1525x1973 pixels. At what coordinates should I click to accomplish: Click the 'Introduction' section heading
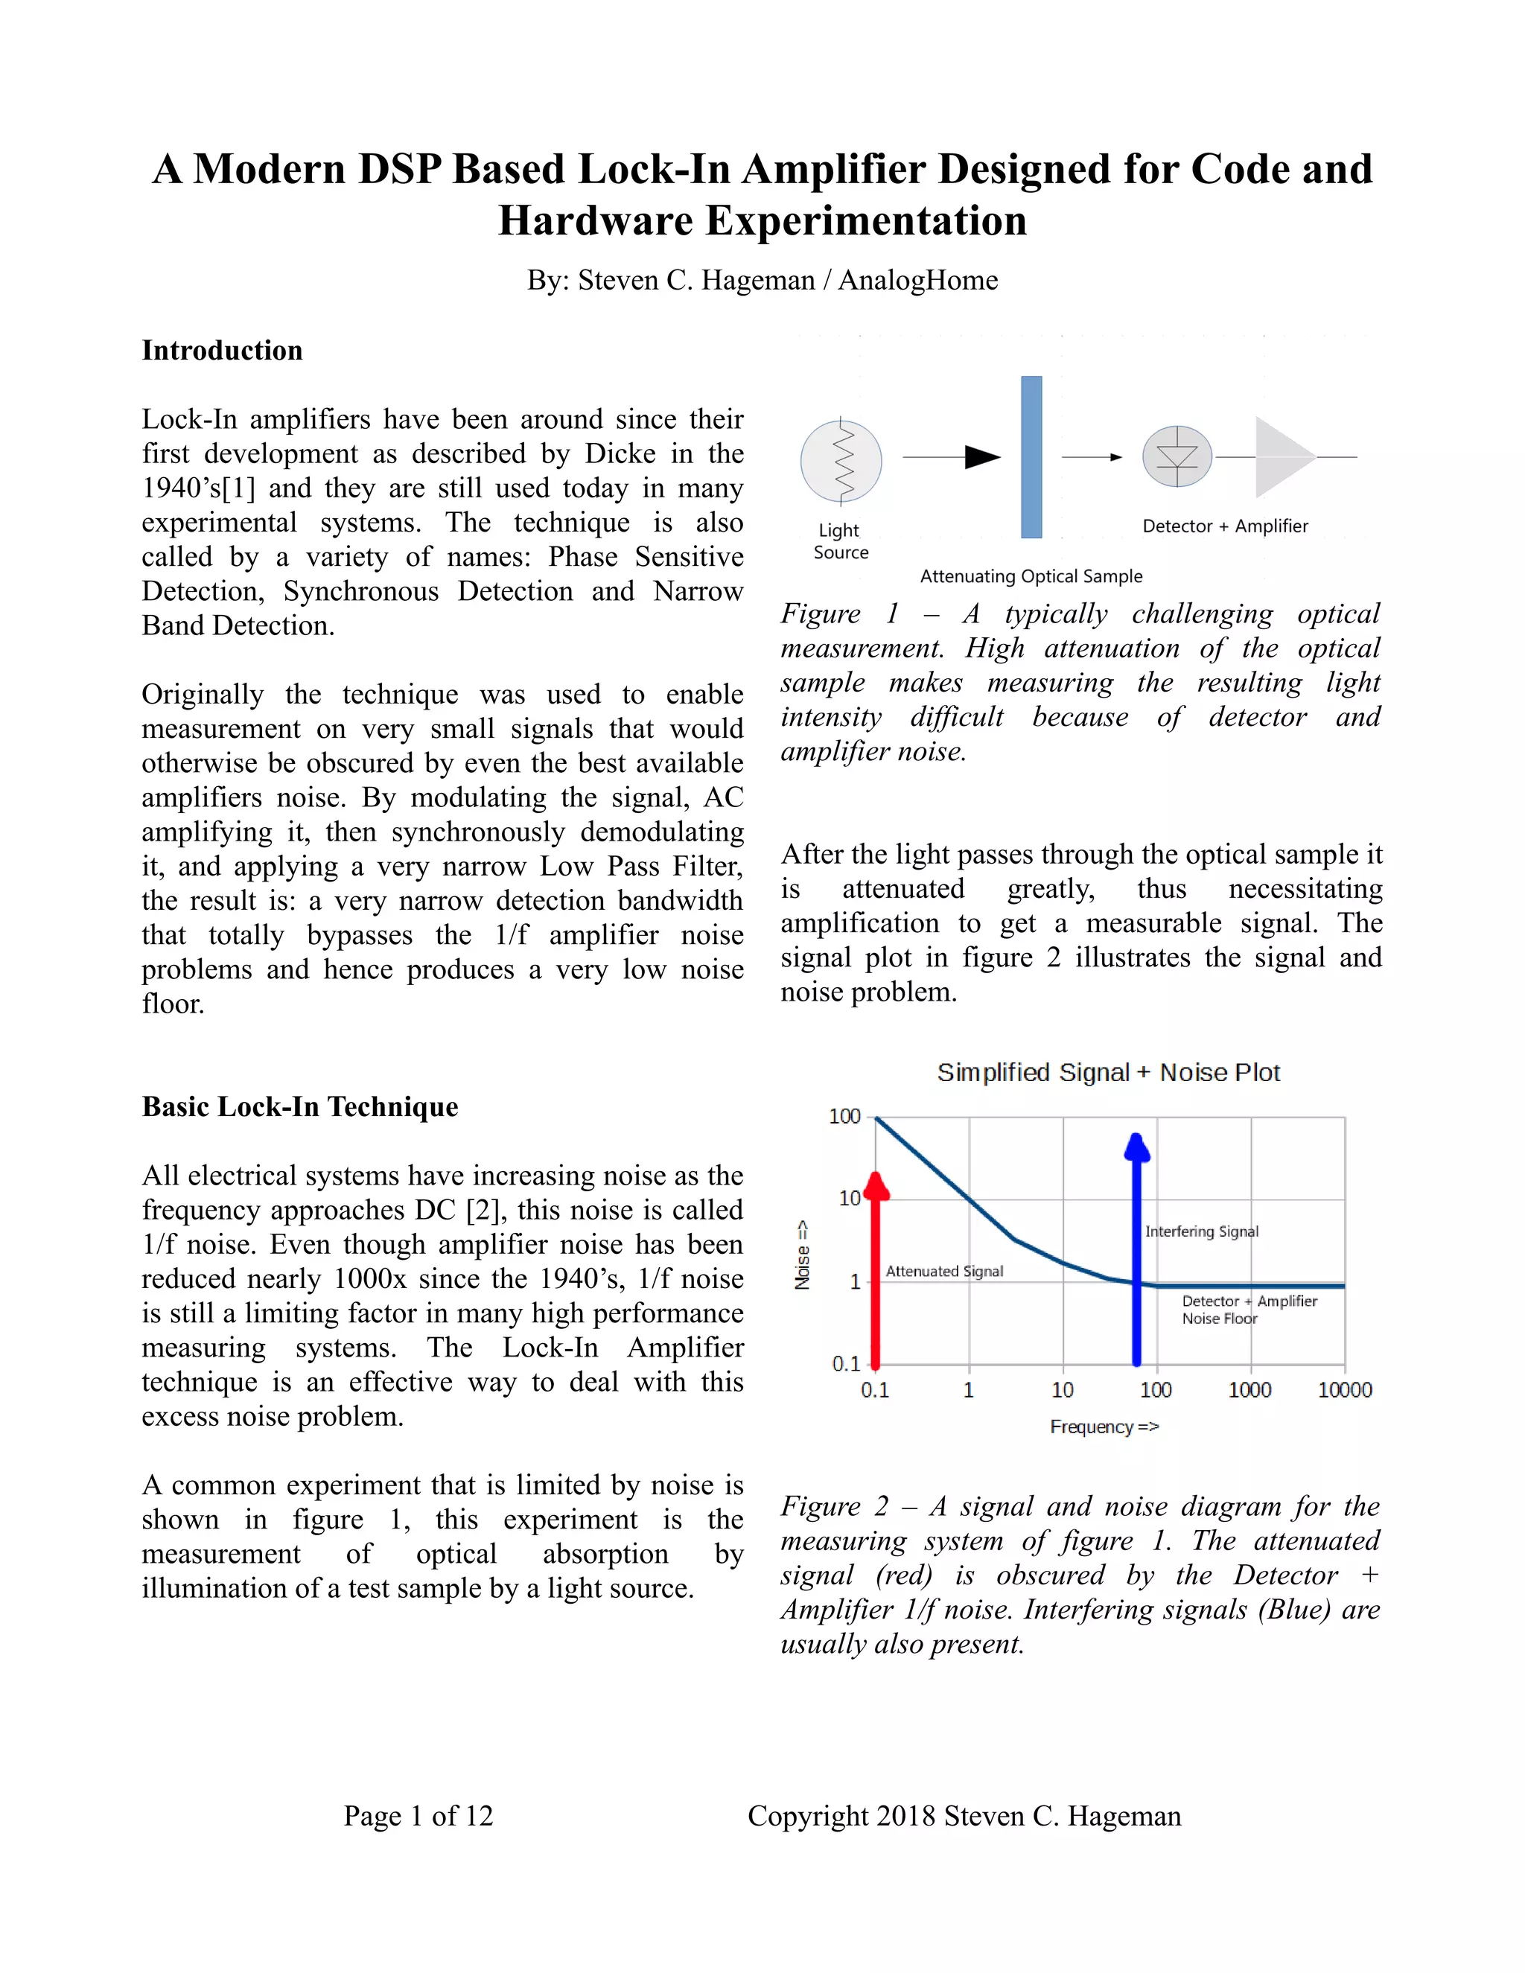(221, 351)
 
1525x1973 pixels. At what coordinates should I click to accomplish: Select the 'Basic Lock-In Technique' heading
(299, 1106)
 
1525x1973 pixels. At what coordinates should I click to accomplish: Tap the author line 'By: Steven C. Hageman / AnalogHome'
(762, 280)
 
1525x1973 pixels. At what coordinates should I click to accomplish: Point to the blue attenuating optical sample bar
(1031, 457)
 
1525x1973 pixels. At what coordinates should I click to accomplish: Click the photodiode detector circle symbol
(1177, 456)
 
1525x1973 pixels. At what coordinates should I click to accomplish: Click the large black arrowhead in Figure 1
(981, 457)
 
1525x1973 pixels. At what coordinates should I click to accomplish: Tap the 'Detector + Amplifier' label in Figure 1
(1224, 526)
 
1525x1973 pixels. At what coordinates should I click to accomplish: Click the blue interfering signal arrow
(1136, 1256)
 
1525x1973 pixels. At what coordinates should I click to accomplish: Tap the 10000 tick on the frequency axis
(1343, 1389)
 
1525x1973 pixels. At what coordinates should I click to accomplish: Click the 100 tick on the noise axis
(844, 1117)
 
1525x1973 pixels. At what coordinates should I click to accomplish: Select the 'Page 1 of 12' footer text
(418, 1816)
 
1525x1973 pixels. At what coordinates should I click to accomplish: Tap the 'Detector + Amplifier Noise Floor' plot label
(1248, 1309)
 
